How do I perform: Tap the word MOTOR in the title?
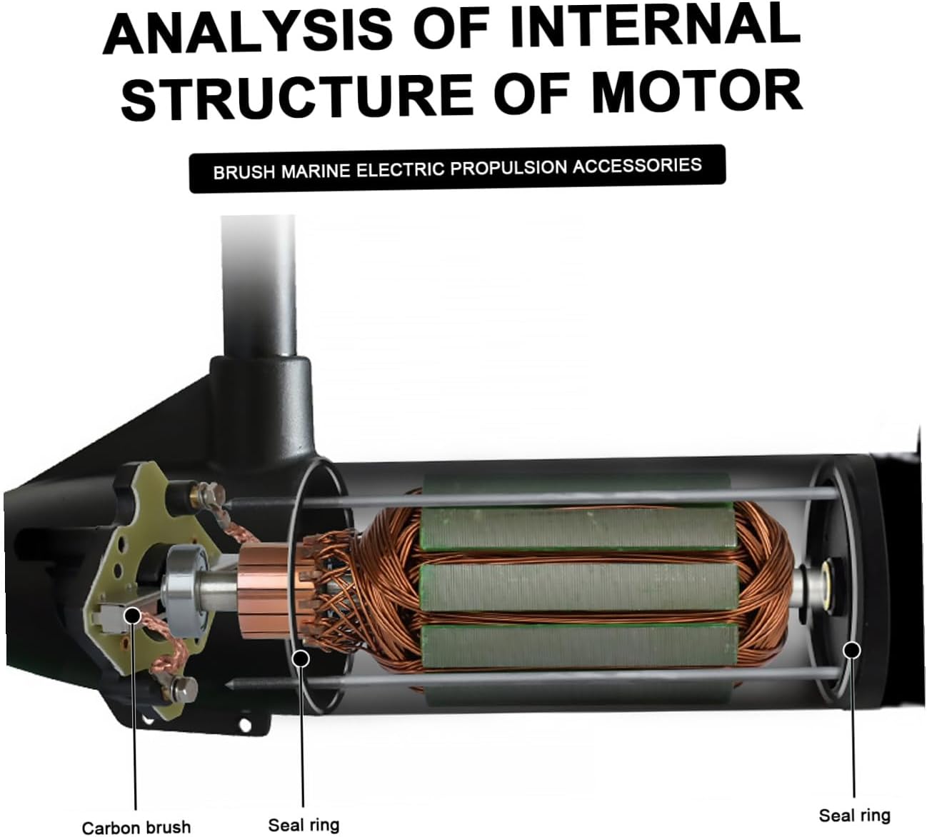click(697, 92)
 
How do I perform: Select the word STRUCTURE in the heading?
click(298, 96)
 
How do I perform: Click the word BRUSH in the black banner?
click(244, 172)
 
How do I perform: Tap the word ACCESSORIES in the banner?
click(637, 166)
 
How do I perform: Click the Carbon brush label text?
click(136, 826)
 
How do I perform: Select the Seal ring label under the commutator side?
click(304, 824)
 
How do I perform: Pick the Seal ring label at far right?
click(854, 815)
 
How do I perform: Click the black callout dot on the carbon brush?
click(133, 615)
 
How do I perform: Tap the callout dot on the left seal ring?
click(301, 658)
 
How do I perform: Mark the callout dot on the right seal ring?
click(851, 651)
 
